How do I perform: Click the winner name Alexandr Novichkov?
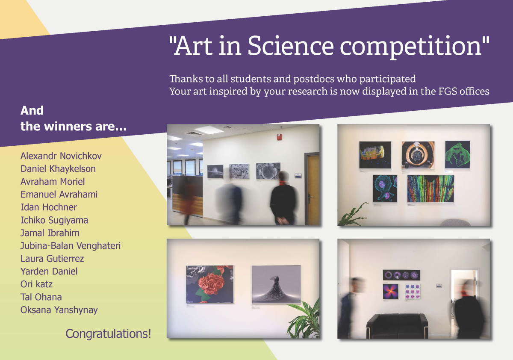(x=61, y=156)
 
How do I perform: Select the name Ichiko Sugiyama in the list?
(x=54, y=220)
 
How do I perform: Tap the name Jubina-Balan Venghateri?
(x=71, y=246)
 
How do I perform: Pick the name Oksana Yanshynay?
(x=59, y=310)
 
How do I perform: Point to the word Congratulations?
(x=108, y=334)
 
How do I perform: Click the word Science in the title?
(x=291, y=46)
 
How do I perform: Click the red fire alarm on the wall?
(x=279, y=137)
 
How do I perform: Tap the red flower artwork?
(x=210, y=284)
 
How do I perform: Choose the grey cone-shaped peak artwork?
(x=277, y=284)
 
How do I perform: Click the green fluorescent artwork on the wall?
(x=457, y=155)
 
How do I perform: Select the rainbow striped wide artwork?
(x=430, y=189)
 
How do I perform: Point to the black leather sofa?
(x=397, y=326)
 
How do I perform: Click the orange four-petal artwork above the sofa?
(x=390, y=291)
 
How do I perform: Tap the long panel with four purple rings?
(x=401, y=275)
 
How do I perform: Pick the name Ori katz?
(x=36, y=284)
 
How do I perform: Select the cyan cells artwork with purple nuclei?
(x=385, y=189)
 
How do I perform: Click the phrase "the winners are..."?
(x=73, y=127)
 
